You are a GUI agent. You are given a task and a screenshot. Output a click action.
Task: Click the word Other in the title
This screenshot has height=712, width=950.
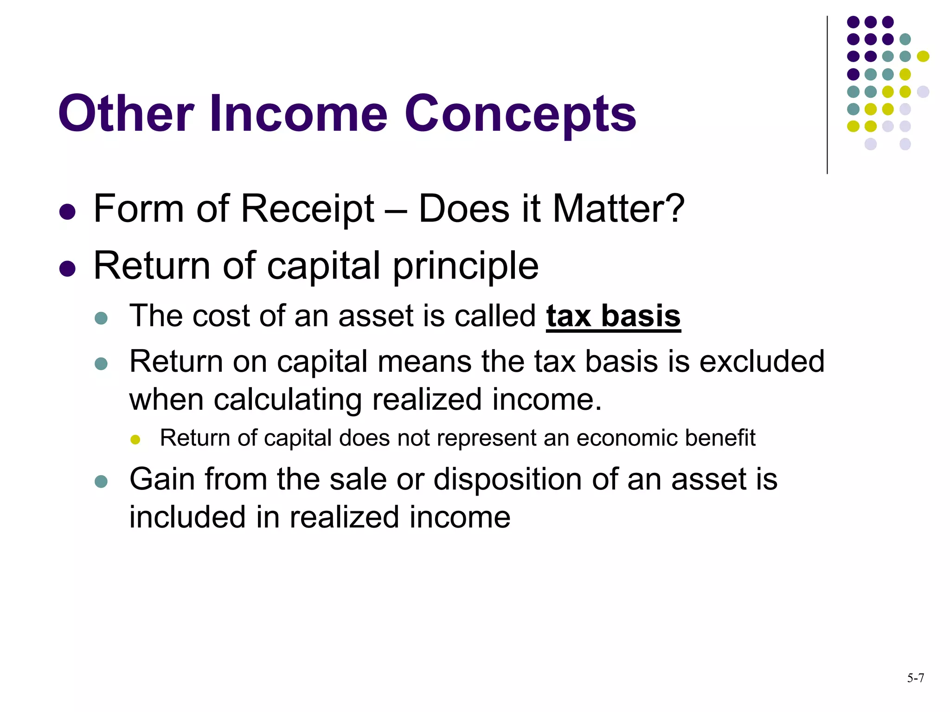[x=125, y=114]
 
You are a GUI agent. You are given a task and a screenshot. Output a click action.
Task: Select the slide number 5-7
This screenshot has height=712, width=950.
[x=915, y=678]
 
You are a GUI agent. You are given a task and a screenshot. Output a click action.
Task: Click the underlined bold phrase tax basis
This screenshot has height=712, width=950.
[x=613, y=316]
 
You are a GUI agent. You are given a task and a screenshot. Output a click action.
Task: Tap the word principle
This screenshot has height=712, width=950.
[x=466, y=267]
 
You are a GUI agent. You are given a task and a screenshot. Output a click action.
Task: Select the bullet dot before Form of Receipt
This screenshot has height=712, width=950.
[x=68, y=211]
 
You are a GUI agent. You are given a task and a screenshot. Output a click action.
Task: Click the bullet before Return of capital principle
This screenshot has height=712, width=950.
[x=68, y=268]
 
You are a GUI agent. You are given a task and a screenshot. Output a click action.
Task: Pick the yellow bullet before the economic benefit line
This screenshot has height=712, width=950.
[x=135, y=439]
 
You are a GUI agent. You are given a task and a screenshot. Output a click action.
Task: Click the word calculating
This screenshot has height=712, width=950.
[x=288, y=400]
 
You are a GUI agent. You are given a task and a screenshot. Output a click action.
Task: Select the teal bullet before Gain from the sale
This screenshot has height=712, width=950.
[x=101, y=481]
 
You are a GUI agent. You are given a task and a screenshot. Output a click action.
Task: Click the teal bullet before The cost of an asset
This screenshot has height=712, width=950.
[x=101, y=318]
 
